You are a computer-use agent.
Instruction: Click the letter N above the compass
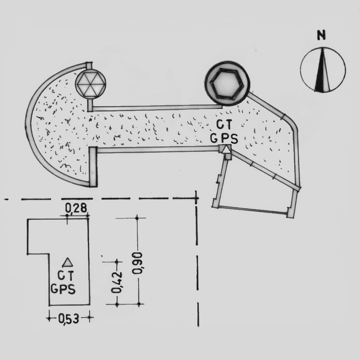321,35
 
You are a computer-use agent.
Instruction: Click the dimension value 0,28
76,208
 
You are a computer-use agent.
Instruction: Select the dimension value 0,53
69,319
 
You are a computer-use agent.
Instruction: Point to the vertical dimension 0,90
137,263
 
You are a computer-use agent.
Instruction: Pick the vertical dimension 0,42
117,283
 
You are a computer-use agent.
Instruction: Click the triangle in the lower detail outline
67,263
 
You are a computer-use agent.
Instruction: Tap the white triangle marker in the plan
226,149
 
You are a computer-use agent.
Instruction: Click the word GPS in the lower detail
63,289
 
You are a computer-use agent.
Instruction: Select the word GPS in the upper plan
224,139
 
